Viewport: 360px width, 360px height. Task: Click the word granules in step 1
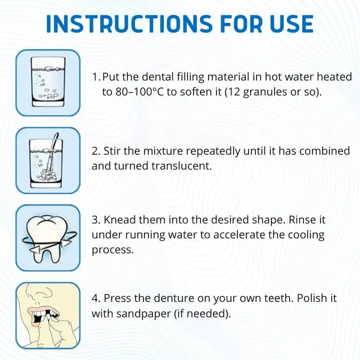pos(265,92)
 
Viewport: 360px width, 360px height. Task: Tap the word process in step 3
pos(113,250)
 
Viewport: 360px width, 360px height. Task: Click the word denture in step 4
pos(174,298)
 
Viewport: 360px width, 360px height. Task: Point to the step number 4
pos(95,298)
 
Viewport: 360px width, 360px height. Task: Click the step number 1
pos(96,77)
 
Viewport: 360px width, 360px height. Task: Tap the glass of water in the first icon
pos(48,82)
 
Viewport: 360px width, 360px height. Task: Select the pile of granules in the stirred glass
pos(47,175)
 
